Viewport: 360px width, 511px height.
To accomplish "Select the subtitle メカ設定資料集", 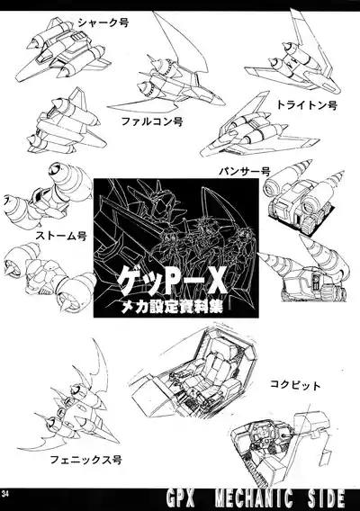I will pyautogui.click(x=164, y=307).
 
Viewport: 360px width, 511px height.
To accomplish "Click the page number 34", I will pyautogui.click(x=8, y=492).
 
